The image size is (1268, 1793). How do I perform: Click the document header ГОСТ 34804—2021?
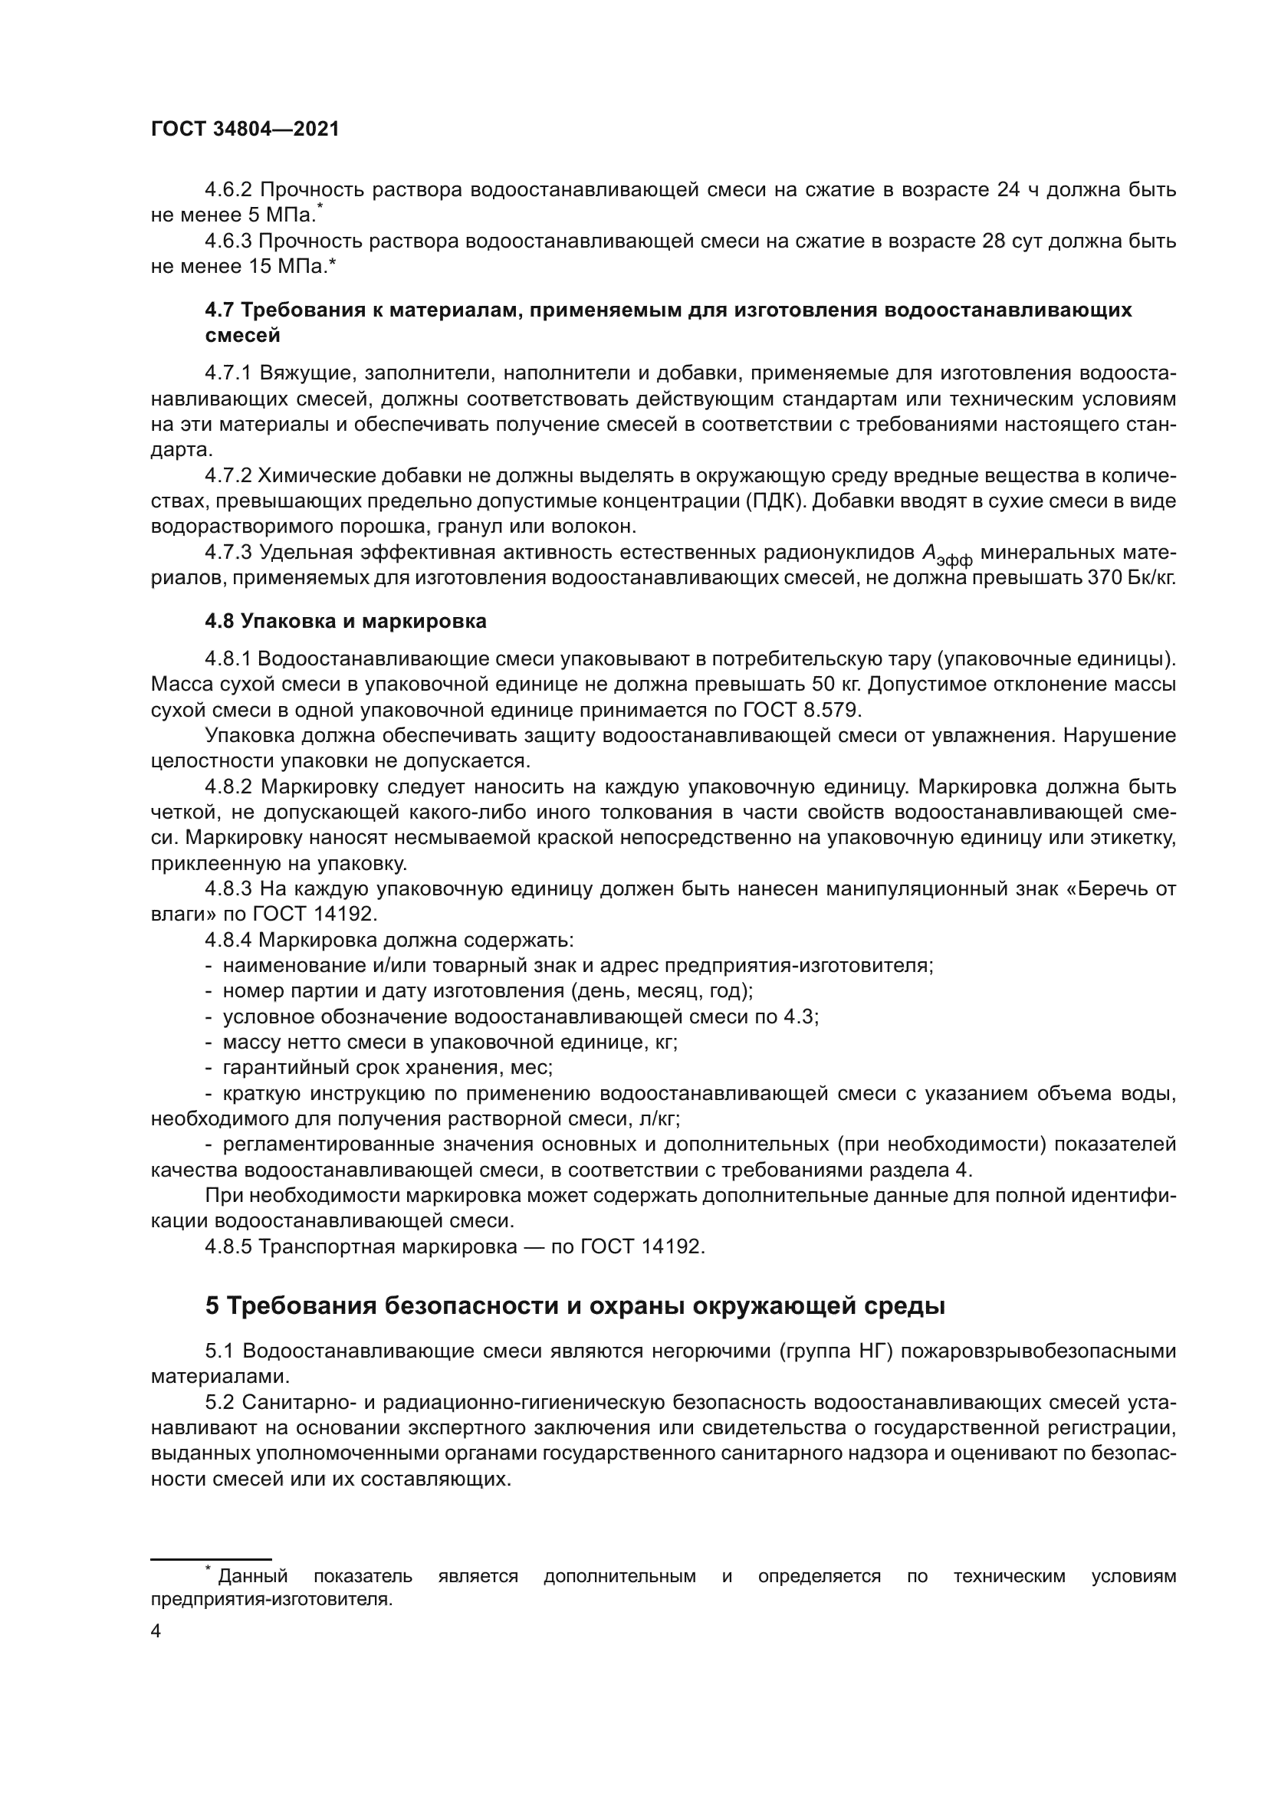tap(245, 130)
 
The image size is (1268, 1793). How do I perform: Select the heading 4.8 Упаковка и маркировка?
tap(345, 622)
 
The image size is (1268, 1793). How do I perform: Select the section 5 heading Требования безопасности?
tap(575, 1306)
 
